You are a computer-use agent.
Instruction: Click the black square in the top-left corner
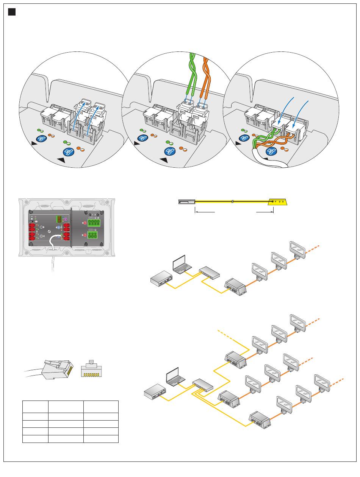point(12,12)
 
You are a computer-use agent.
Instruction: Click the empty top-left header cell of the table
point(35,407)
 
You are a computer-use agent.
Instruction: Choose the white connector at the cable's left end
point(186,202)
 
